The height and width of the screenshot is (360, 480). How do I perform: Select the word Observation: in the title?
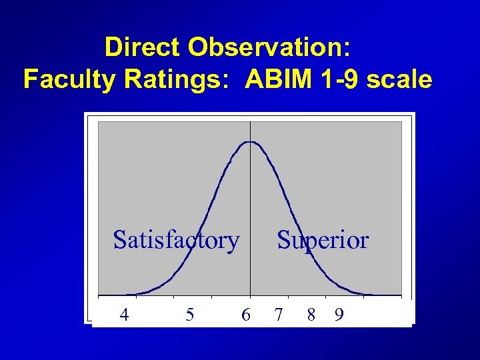270,47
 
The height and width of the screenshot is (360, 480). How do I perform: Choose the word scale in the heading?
399,79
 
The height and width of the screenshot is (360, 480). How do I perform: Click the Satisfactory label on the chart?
176,239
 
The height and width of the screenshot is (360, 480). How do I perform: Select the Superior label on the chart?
323,239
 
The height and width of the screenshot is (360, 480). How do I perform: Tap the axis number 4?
123,314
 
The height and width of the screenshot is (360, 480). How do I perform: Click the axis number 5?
190,314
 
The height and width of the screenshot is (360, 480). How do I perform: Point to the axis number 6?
246,314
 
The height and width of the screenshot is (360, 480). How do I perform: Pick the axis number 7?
279,314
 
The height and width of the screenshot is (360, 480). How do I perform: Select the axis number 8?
311,314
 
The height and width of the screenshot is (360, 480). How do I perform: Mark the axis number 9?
339,314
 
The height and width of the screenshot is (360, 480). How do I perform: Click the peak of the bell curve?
250,142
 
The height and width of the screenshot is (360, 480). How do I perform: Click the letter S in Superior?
283,239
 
